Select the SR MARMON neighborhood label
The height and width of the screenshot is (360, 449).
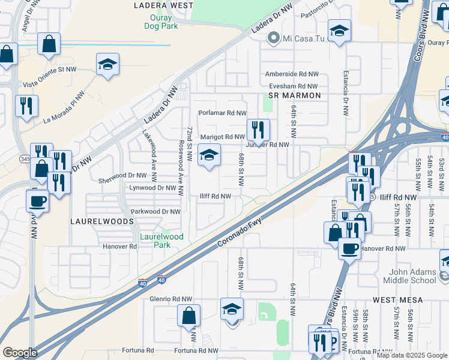(295, 95)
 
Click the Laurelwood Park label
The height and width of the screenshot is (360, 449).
(161, 241)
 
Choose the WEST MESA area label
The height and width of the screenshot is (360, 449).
(397, 299)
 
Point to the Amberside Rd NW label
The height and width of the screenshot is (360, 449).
(291, 74)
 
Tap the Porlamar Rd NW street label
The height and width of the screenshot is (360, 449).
(223, 113)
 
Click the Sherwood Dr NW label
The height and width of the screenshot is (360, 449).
(122, 176)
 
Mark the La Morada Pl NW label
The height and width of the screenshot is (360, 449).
(65, 107)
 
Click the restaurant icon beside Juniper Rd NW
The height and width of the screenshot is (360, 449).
(258, 130)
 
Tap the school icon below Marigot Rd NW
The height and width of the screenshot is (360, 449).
(209, 155)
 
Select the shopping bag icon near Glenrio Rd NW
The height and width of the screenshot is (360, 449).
(189, 316)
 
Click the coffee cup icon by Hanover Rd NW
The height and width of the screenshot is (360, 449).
(349, 248)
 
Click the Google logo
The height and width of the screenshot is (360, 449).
(20, 353)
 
